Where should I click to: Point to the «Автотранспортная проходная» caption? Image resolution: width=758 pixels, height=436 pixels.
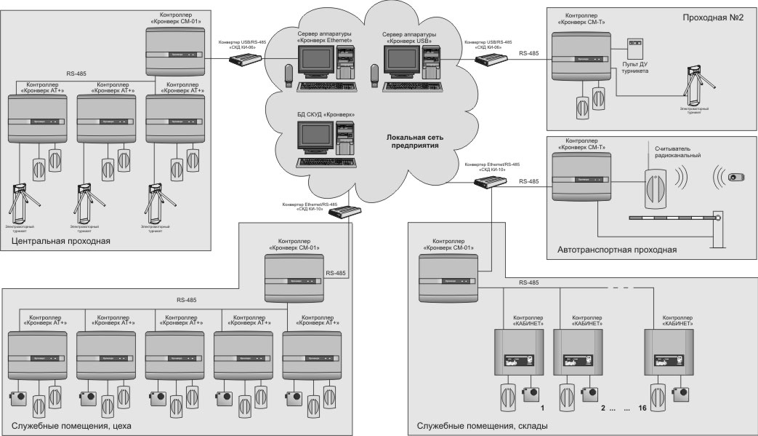point(618,250)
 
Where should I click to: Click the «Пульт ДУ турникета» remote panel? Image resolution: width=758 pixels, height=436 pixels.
point(636,47)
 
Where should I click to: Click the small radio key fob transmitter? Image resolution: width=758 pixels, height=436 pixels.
point(735,178)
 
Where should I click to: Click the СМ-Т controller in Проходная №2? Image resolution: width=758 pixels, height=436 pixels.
point(579,58)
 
